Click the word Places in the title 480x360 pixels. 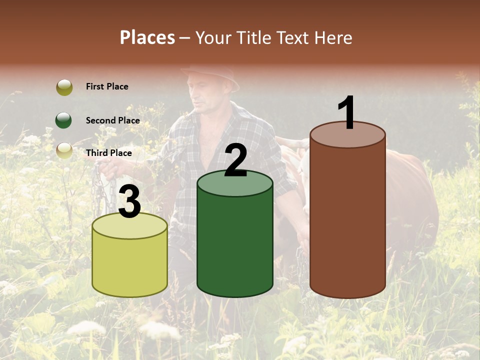click(147, 37)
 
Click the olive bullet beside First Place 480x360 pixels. click(64, 87)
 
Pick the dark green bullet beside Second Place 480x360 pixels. click(64, 120)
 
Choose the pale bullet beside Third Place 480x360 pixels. click(64, 151)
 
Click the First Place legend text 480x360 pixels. click(107, 86)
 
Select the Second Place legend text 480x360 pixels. click(112, 120)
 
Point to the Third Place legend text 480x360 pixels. click(108, 153)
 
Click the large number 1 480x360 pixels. click(347, 113)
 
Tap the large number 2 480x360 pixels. click(235, 160)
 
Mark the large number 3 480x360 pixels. click(129, 202)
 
